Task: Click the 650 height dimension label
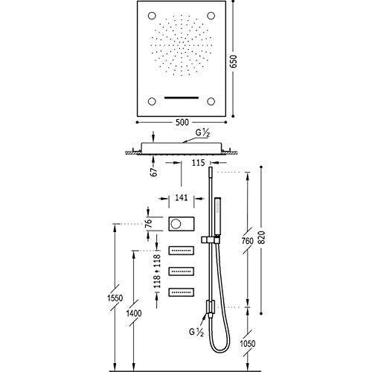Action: tap(234, 62)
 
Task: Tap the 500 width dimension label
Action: tap(182, 122)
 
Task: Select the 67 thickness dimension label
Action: tap(154, 172)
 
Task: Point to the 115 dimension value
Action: tap(198, 163)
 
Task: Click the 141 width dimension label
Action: tap(182, 198)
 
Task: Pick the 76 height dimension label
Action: tap(148, 223)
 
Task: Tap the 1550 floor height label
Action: tap(115, 298)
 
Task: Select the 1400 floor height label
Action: tap(134, 313)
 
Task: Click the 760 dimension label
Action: tap(248, 241)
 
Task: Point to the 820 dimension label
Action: tap(261, 237)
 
